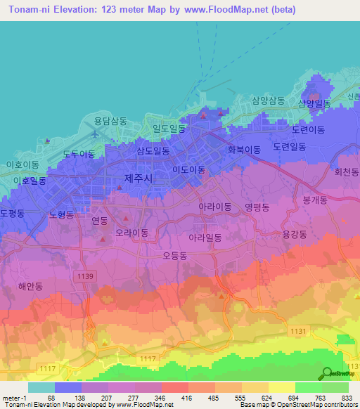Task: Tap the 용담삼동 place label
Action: (x=110, y=121)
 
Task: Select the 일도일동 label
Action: (x=169, y=129)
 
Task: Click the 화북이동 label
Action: (x=244, y=149)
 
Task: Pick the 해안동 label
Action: (x=31, y=286)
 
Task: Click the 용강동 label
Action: (x=295, y=235)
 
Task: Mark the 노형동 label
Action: (x=60, y=215)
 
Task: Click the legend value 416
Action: (x=186, y=397)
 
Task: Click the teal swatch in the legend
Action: (x=41, y=387)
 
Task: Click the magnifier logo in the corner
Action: (x=327, y=373)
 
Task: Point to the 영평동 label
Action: (x=258, y=207)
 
